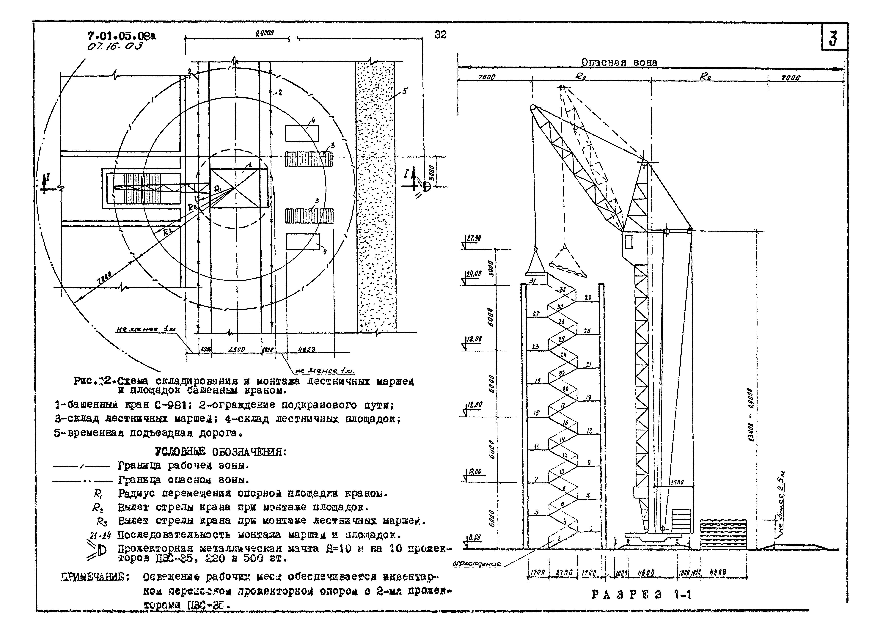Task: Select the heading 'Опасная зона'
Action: (619, 62)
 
